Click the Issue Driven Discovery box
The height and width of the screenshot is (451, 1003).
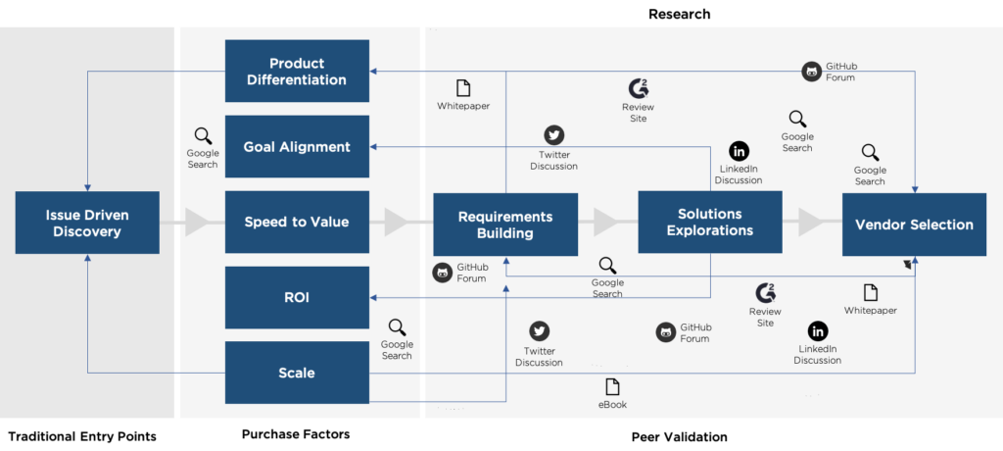87,224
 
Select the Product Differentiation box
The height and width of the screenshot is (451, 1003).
297,72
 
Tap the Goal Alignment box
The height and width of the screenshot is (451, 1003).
297,147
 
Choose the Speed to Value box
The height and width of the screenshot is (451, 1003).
297,223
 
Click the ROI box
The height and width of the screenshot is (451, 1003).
297,297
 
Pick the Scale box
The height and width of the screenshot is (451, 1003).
297,373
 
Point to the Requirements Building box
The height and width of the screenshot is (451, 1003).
505,225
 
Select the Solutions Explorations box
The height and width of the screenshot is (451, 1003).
710,223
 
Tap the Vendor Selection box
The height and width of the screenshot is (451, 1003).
914,225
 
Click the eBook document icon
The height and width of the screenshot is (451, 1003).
612,386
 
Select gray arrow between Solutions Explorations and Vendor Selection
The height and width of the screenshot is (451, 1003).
811,223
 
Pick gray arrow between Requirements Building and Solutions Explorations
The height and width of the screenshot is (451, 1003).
605,223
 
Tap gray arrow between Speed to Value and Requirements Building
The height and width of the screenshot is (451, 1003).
397,223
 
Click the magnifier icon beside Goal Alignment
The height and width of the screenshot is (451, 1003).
203,136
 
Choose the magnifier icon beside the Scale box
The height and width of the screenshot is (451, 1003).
397,327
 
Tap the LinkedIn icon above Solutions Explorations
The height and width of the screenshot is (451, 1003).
739,151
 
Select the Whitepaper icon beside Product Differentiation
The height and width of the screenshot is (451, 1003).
463,88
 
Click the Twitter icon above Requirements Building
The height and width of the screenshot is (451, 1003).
554,135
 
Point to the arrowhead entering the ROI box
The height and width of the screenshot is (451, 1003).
374,297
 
